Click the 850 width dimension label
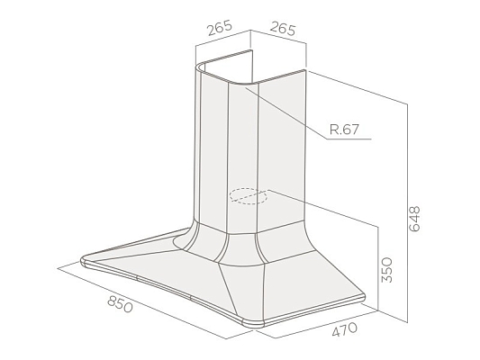121,304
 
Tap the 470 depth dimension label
345,329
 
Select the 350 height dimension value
386,270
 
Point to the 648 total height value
414,219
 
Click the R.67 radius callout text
344,130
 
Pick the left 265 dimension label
220,28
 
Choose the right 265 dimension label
283,29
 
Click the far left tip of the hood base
81,260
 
